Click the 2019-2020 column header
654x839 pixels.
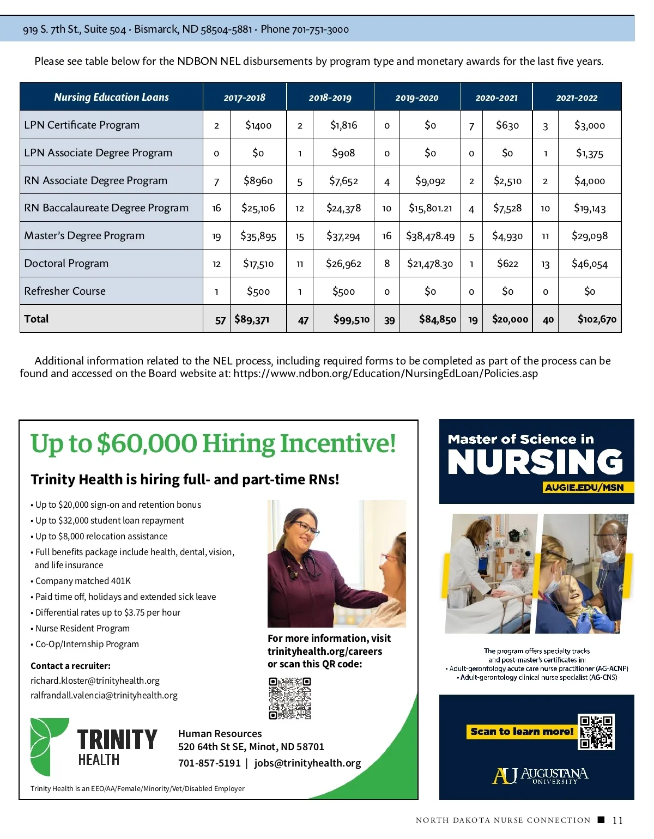click(417, 98)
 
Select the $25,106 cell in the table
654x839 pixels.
click(258, 208)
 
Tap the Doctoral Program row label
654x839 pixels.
click(66, 263)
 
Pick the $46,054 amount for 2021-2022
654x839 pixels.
click(589, 264)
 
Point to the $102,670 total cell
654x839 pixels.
click(597, 319)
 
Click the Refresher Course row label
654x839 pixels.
click(65, 291)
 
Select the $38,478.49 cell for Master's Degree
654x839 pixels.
click(430, 236)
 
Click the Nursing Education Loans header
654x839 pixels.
click(111, 97)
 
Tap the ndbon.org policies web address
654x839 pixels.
click(385, 374)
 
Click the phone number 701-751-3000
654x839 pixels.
click(320, 29)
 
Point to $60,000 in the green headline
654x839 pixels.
click(147, 443)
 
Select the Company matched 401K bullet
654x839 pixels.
click(83, 581)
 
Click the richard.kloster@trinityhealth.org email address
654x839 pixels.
click(95, 680)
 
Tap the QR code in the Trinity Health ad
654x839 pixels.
click(290, 698)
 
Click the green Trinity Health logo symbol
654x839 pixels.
click(49, 746)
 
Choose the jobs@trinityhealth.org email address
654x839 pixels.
click(307, 763)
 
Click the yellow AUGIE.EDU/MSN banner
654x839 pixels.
click(584, 488)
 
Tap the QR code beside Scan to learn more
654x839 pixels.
click(597, 732)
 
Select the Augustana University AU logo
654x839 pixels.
click(505, 776)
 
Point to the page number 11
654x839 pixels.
click(617, 820)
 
